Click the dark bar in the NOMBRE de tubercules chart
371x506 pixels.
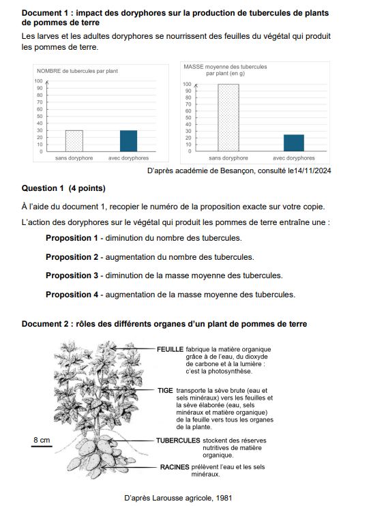[x=129, y=140]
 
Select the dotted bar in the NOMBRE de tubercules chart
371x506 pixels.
[x=74, y=140]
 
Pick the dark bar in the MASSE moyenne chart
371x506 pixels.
[x=294, y=143]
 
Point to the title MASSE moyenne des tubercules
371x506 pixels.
[x=225, y=67]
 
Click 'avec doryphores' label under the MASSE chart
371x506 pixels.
[x=294, y=158]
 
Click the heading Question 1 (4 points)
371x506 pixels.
[x=63, y=188]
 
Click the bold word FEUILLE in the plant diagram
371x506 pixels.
[x=170, y=349]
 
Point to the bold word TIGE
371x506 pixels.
[x=165, y=391]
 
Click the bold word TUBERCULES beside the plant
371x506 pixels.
[x=178, y=441]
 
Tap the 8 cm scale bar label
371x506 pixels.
[x=42, y=441]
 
